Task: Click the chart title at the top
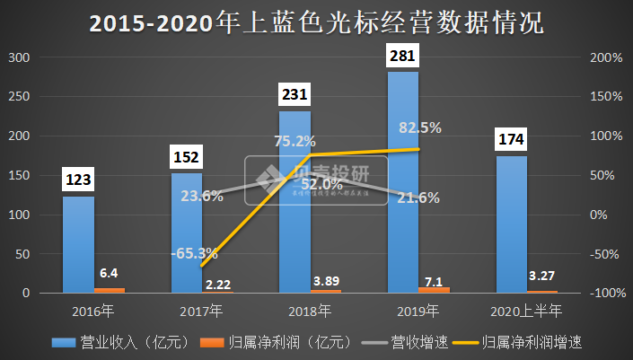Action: pos(316,22)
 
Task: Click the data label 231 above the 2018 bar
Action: pos(294,96)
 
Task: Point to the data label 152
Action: pos(187,158)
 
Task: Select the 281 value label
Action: pos(401,57)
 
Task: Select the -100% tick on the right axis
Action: pos(605,294)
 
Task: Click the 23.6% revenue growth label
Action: pos(201,197)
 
